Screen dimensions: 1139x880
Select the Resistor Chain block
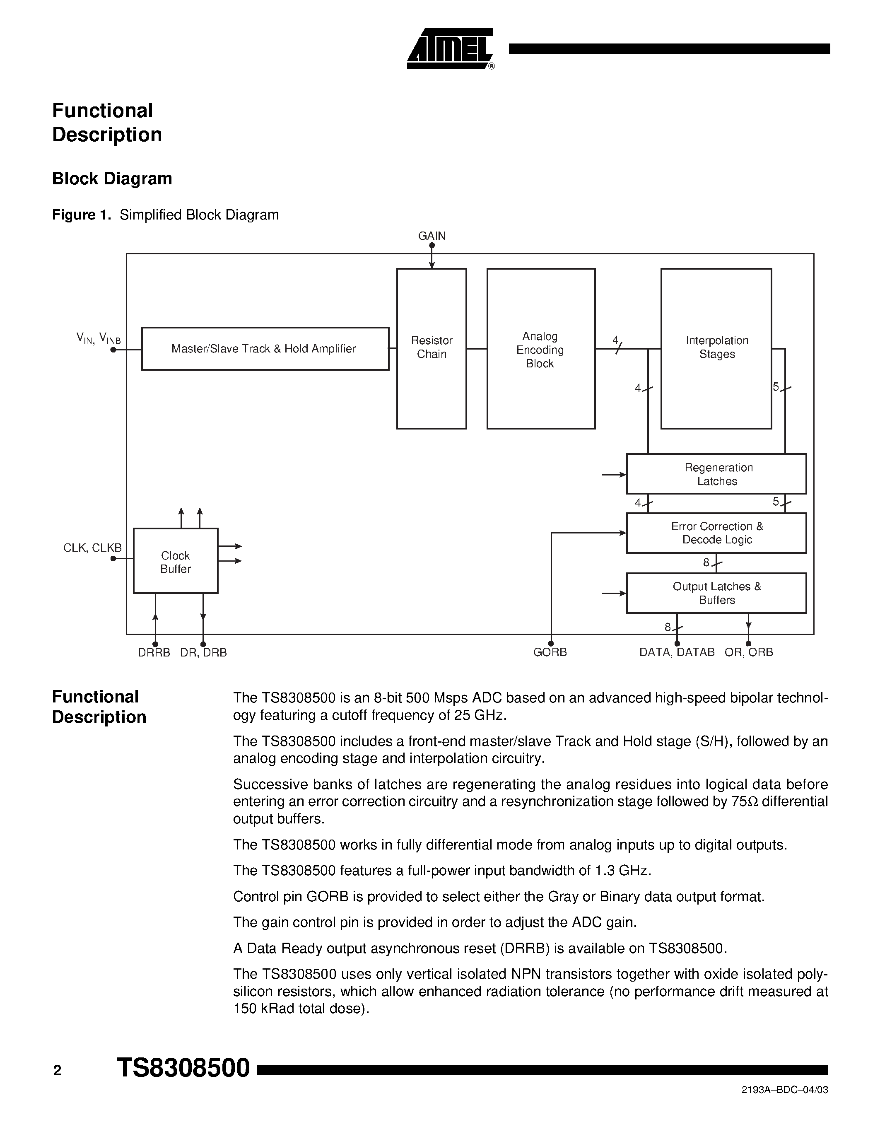coord(431,348)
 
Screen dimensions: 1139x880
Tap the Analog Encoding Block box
coord(540,349)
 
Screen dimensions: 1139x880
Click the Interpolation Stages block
coord(716,348)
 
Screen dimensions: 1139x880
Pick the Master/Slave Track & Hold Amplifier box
coord(265,349)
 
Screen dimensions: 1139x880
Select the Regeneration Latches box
coord(716,473)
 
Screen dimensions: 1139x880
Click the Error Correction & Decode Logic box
coord(716,533)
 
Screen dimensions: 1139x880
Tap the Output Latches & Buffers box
coord(716,593)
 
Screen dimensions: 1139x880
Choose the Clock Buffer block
coord(176,561)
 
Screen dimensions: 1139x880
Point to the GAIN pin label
coord(432,236)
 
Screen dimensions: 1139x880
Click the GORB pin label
coord(550,652)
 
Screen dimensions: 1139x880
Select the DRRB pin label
coord(154,653)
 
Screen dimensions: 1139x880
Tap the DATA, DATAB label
coord(677,652)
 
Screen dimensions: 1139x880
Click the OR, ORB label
coord(749,652)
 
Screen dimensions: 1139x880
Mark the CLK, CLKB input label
coord(92,548)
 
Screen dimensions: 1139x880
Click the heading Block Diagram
coord(112,179)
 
